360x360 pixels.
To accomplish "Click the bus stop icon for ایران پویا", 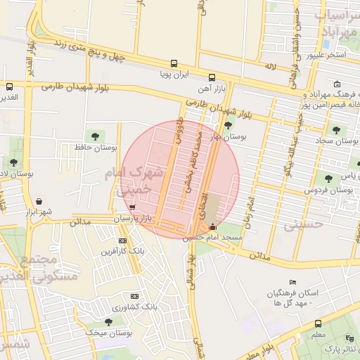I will coord(174,63).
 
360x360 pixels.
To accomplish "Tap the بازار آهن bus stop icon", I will coord(212,77).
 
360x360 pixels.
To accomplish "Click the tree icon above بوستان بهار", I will coord(227,125).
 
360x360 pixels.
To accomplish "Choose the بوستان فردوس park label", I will coord(328,190).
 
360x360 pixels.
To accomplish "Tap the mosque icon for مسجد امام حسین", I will coord(213,226).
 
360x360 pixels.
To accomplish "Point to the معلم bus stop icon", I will coord(319,324).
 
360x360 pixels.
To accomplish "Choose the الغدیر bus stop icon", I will coord(10,87).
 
